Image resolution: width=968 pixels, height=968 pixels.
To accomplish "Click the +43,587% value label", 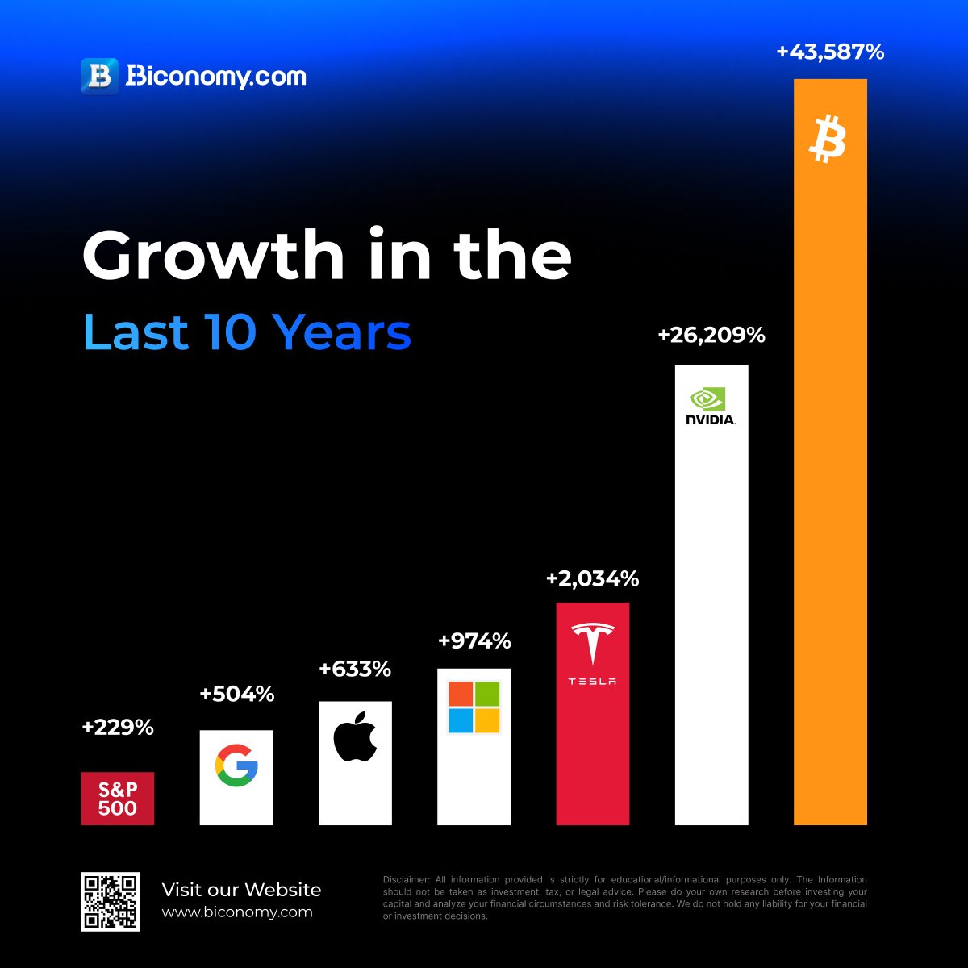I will click(x=830, y=52).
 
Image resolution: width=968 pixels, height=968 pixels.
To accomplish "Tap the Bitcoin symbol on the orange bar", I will click(x=828, y=139).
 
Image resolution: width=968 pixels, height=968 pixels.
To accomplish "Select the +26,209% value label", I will click(x=711, y=336).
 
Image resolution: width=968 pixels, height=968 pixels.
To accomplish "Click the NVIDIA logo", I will click(x=711, y=407).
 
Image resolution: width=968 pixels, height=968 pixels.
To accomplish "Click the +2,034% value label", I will click(x=592, y=579).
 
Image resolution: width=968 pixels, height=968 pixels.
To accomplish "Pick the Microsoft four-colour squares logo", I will click(x=474, y=707).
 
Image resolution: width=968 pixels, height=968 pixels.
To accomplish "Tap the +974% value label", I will click(x=474, y=641).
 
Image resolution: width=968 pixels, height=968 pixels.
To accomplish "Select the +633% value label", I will click(x=355, y=670).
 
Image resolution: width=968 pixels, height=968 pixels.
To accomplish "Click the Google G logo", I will click(x=236, y=766).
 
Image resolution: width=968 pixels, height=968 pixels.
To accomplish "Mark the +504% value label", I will click(x=236, y=695).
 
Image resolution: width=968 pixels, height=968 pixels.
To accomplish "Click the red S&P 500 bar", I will click(x=117, y=799).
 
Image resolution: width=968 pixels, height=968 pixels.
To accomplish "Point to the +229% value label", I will click(x=117, y=728).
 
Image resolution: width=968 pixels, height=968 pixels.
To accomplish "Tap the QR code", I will click(x=111, y=901).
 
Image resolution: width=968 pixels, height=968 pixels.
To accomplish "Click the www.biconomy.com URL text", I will click(x=236, y=912).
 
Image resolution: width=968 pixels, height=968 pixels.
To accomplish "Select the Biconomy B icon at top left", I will click(x=100, y=76).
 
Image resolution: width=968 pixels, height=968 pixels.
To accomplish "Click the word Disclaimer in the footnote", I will click(x=407, y=880).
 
